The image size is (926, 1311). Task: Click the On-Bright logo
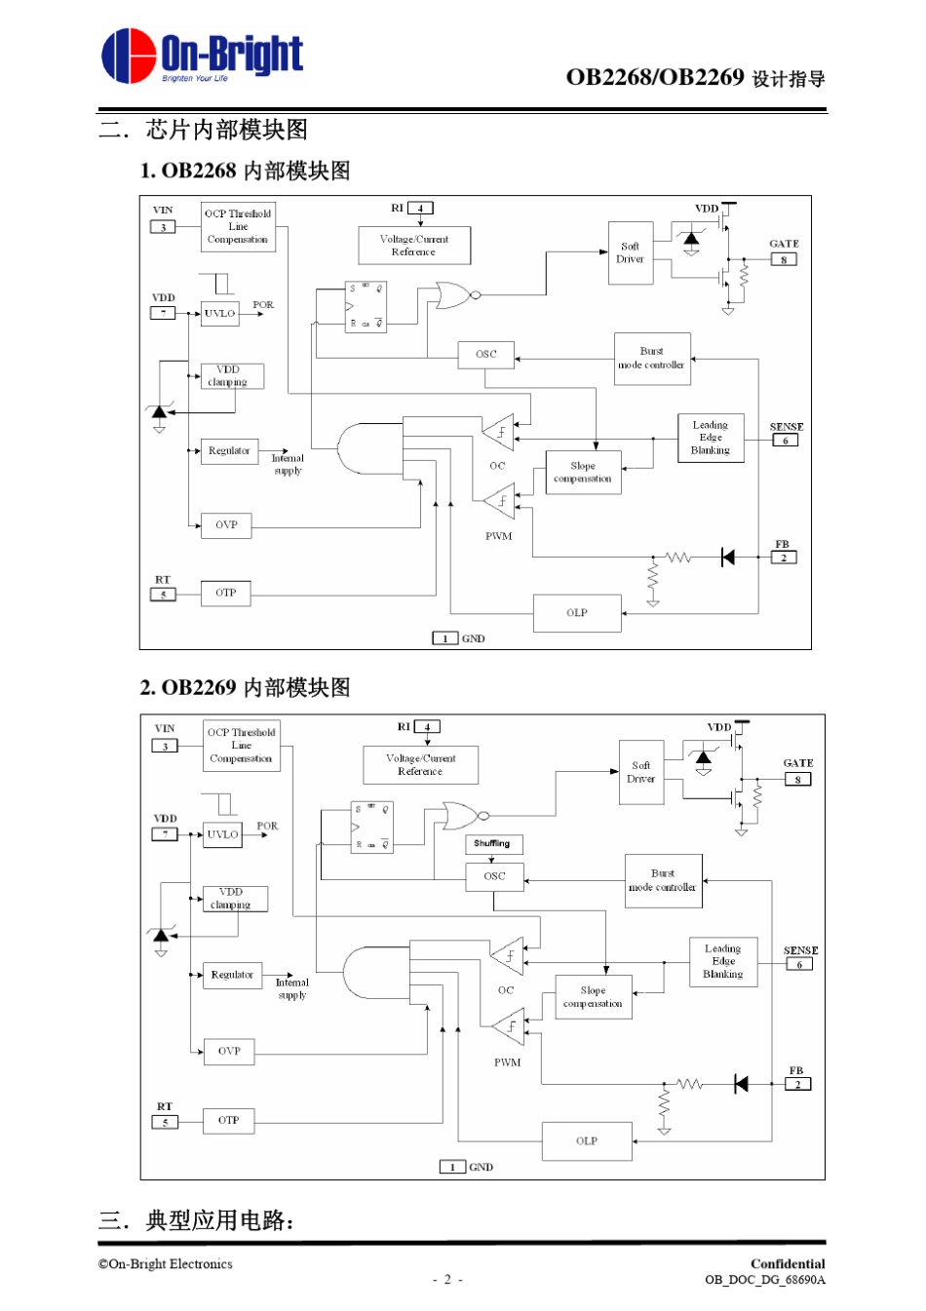(x=202, y=56)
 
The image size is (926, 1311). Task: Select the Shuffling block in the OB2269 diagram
(x=493, y=844)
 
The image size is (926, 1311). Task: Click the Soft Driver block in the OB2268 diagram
(x=631, y=253)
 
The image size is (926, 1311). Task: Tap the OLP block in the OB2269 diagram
(x=587, y=1140)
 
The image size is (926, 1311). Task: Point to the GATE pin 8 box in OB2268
(x=784, y=260)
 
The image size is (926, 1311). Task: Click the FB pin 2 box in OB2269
(x=797, y=1084)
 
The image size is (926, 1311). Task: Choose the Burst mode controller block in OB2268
(x=652, y=359)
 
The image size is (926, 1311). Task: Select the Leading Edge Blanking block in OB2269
(x=722, y=961)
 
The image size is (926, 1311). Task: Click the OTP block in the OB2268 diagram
(x=226, y=593)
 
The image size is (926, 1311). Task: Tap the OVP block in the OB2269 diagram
(x=229, y=1051)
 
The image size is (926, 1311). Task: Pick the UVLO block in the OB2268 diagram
(x=219, y=314)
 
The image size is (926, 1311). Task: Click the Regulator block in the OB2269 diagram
(x=232, y=975)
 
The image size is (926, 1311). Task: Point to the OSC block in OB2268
(x=486, y=355)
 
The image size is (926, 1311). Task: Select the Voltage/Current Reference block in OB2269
(x=420, y=765)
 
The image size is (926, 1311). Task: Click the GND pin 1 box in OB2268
(x=444, y=638)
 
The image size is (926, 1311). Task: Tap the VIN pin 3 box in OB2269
(x=165, y=746)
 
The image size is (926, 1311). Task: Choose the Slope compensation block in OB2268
(x=583, y=473)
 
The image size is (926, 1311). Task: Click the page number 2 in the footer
(x=447, y=1280)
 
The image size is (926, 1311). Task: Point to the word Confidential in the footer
(x=788, y=1264)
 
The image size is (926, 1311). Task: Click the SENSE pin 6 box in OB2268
(x=786, y=441)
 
